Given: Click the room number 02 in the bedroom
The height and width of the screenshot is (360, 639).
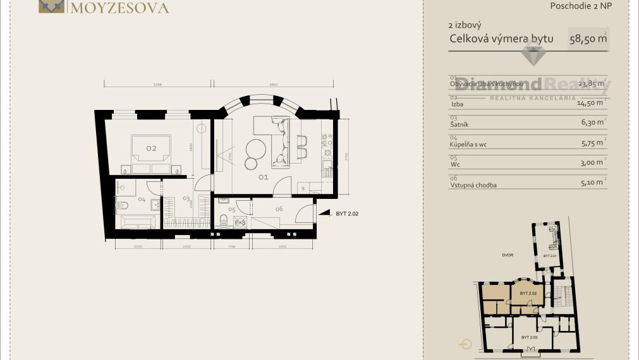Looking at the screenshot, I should [151, 148].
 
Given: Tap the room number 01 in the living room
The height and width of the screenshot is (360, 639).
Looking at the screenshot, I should [263, 177].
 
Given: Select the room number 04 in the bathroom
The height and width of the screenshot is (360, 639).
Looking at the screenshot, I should [142, 200].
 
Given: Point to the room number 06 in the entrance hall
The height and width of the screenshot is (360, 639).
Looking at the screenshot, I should [279, 208].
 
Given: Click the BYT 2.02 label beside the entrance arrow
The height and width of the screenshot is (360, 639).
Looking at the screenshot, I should [347, 214].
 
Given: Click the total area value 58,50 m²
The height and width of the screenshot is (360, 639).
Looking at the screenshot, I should [588, 39].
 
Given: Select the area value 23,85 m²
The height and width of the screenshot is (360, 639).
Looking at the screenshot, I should [591, 83].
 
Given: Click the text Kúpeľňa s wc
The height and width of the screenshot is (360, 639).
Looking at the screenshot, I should [468, 144].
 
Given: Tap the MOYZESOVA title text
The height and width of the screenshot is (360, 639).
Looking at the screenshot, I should [120, 8].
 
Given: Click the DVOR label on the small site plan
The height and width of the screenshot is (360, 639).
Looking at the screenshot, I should [508, 255].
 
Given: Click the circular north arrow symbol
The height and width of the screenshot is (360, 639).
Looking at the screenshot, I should [466, 344].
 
